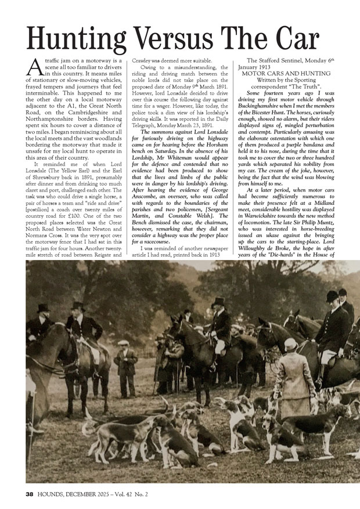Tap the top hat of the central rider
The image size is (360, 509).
click(218, 302)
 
